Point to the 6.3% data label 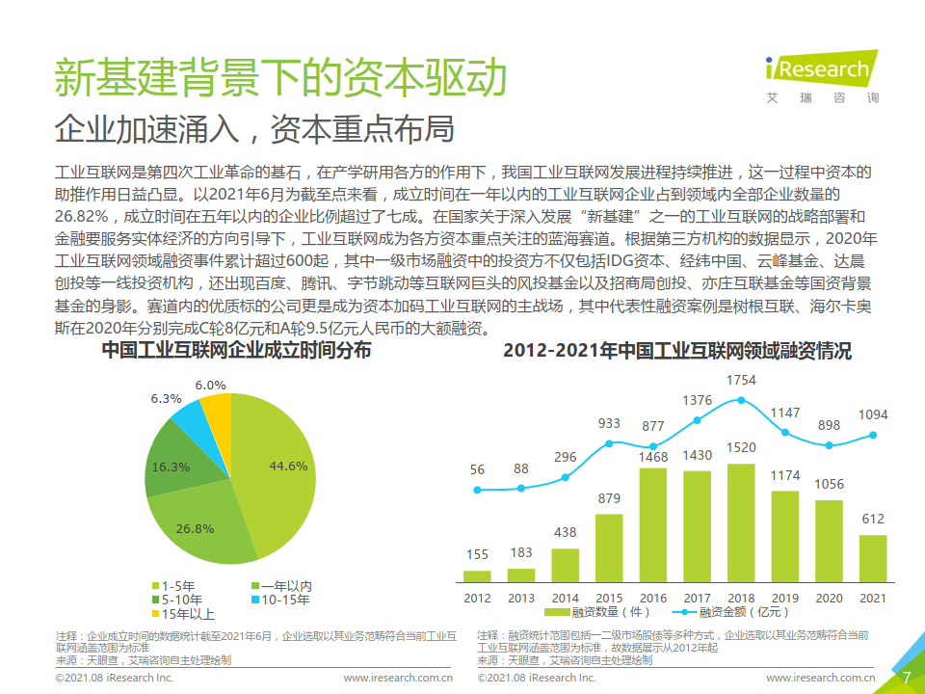166,398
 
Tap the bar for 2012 476,576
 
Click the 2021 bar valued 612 872,559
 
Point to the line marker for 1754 741,399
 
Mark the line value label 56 477,469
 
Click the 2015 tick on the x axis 609,598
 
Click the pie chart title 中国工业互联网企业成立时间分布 236,351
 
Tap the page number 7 905,677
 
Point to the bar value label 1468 652,456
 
